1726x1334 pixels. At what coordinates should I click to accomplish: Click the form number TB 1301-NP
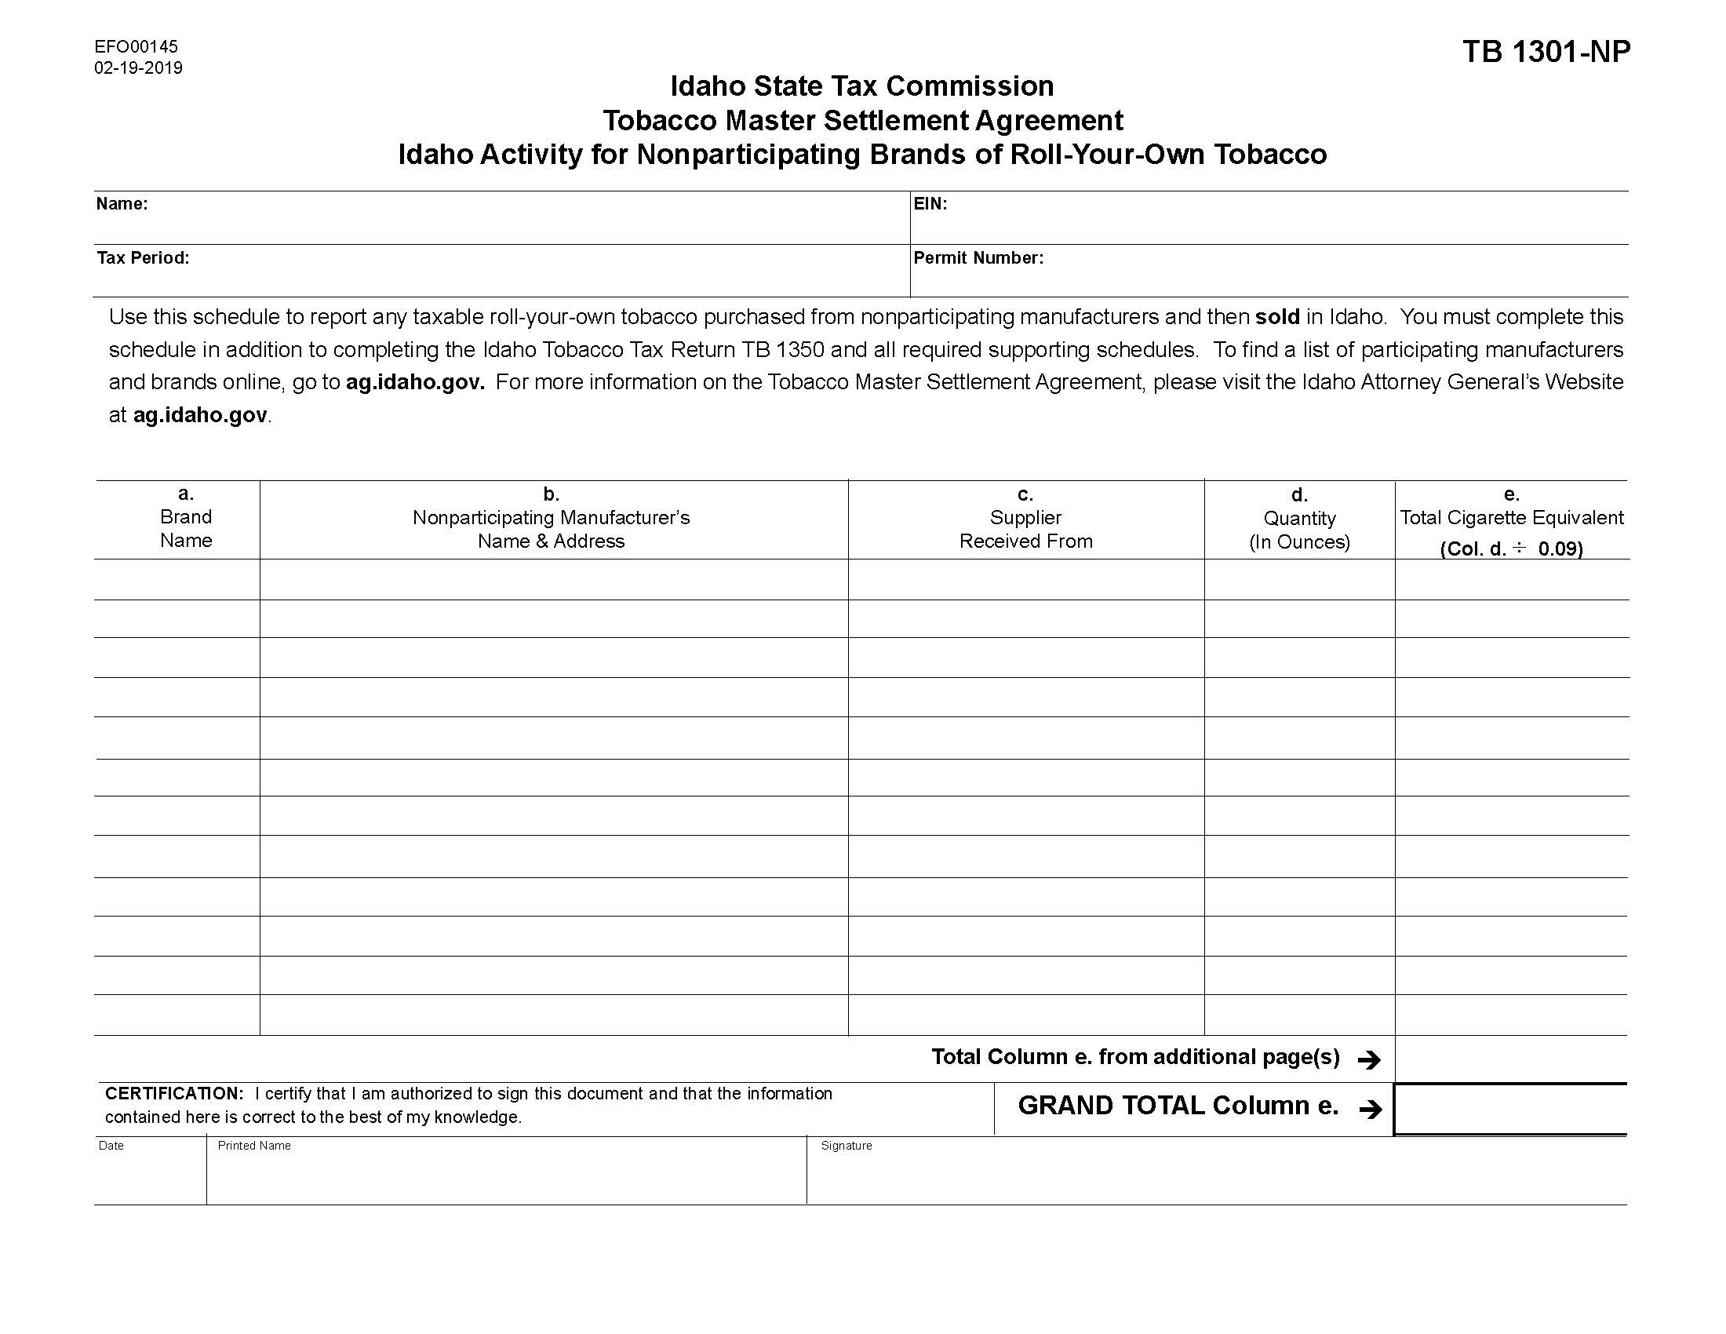pyautogui.click(x=1546, y=52)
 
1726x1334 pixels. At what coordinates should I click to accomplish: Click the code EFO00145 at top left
pyautogui.click(x=136, y=46)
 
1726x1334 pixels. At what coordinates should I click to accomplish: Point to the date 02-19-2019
pyautogui.click(x=138, y=68)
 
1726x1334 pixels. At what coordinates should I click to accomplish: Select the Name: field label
pyautogui.click(x=122, y=204)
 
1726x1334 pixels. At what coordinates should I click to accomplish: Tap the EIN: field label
pyautogui.click(x=930, y=204)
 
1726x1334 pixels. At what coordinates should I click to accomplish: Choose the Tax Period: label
pyautogui.click(x=143, y=258)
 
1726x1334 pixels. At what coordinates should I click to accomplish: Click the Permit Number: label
pyautogui.click(x=978, y=258)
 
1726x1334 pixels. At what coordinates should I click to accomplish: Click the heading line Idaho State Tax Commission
pyautogui.click(x=861, y=86)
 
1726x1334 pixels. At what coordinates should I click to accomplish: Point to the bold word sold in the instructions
pyautogui.click(x=1277, y=317)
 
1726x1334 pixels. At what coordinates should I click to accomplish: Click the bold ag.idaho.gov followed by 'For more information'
pyautogui.click(x=415, y=382)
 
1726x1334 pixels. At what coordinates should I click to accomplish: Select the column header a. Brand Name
pyautogui.click(x=186, y=518)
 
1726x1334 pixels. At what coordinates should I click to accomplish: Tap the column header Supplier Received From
pyautogui.click(x=1025, y=530)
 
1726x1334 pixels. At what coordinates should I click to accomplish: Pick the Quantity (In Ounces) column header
pyautogui.click(x=1299, y=530)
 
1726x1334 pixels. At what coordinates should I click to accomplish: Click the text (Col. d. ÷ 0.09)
pyautogui.click(x=1511, y=549)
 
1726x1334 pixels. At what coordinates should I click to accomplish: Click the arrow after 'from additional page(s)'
pyautogui.click(x=1369, y=1060)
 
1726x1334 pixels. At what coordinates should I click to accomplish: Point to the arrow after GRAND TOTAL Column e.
pyautogui.click(x=1371, y=1110)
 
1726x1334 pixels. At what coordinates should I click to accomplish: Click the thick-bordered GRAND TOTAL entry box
pyautogui.click(x=1510, y=1110)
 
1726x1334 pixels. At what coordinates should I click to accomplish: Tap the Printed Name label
pyautogui.click(x=253, y=1146)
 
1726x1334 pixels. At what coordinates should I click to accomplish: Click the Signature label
pyautogui.click(x=846, y=1146)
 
